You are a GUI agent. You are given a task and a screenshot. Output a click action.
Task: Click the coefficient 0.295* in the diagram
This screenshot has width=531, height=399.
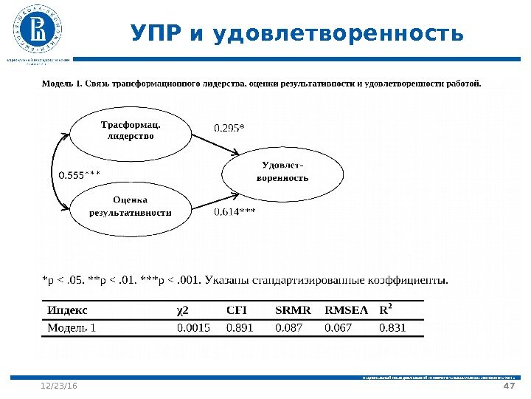click(229, 128)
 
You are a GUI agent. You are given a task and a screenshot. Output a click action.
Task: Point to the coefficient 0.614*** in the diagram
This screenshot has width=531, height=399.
click(235, 212)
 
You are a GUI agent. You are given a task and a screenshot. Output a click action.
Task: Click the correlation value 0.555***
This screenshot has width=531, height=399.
click(79, 174)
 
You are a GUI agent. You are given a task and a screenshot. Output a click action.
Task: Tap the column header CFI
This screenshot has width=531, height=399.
click(236, 310)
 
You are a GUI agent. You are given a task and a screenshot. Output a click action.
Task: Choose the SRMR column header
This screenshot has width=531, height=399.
click(293, 310)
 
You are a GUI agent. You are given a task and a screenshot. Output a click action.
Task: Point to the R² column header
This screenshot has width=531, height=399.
click(386, 309)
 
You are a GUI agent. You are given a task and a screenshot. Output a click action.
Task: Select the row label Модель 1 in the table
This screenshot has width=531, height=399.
click(72, 327)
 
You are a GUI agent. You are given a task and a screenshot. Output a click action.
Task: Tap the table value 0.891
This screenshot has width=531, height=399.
click(239, 327)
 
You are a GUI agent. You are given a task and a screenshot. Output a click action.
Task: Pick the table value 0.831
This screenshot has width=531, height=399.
click(392, 327)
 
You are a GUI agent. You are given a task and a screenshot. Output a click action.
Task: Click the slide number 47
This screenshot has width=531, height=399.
click(507, 386)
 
